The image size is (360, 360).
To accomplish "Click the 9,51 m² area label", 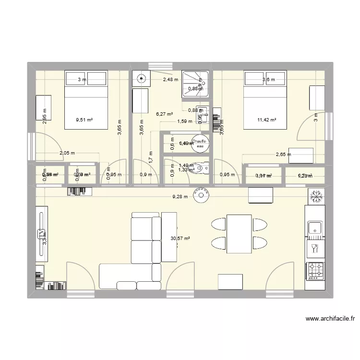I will pyautogui.click(x=84, y=121).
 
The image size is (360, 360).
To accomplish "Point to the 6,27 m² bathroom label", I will pyautogui.click(x=164, y=114).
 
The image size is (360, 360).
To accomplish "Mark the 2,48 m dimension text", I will pyautogui.click(x=170, y=80).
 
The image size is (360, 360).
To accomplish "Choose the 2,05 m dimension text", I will pyautogui.click(x=67, y=153).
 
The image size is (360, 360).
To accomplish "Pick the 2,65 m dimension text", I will pyautogui.click(x=284, y=155).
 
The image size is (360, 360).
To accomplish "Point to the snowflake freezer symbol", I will pyautogui.click(x=315, y=195).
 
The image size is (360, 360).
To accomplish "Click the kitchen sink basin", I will pyautogui.click(x=315, y=228).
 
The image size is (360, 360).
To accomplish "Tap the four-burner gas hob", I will pyautogui.click(x=315, y=271).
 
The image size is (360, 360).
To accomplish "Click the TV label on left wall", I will pyautogui.click(x=40, y=234).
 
